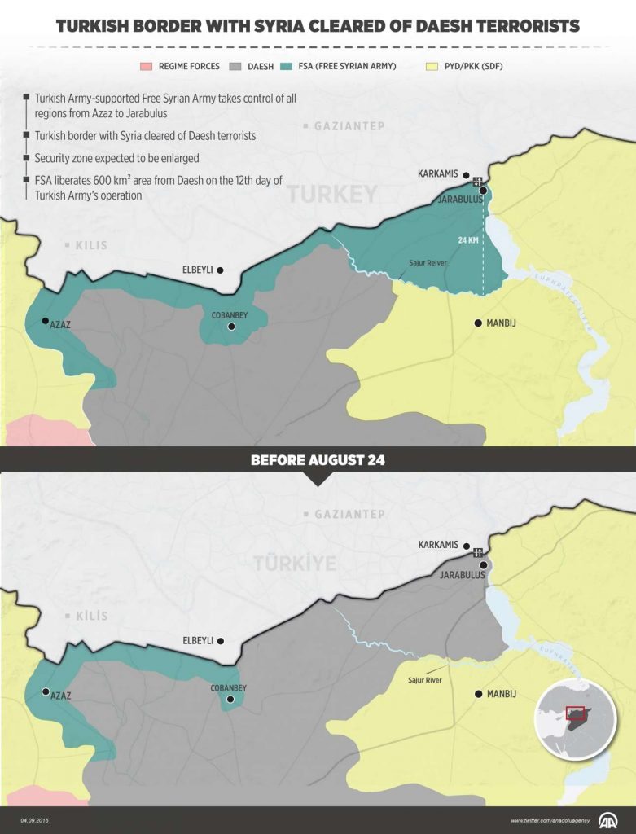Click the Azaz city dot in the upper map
[45, 321]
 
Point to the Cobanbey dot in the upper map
[231, 327]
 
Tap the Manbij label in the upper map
[501, 323]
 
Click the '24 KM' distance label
[468, 240]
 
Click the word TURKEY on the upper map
[331, 194]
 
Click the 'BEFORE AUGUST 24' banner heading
[318, 460]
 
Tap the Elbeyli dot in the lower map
[220, 641]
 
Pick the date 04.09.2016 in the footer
[37, 820]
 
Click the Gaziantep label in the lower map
[347, 515]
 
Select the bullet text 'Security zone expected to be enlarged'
[116, 157]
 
